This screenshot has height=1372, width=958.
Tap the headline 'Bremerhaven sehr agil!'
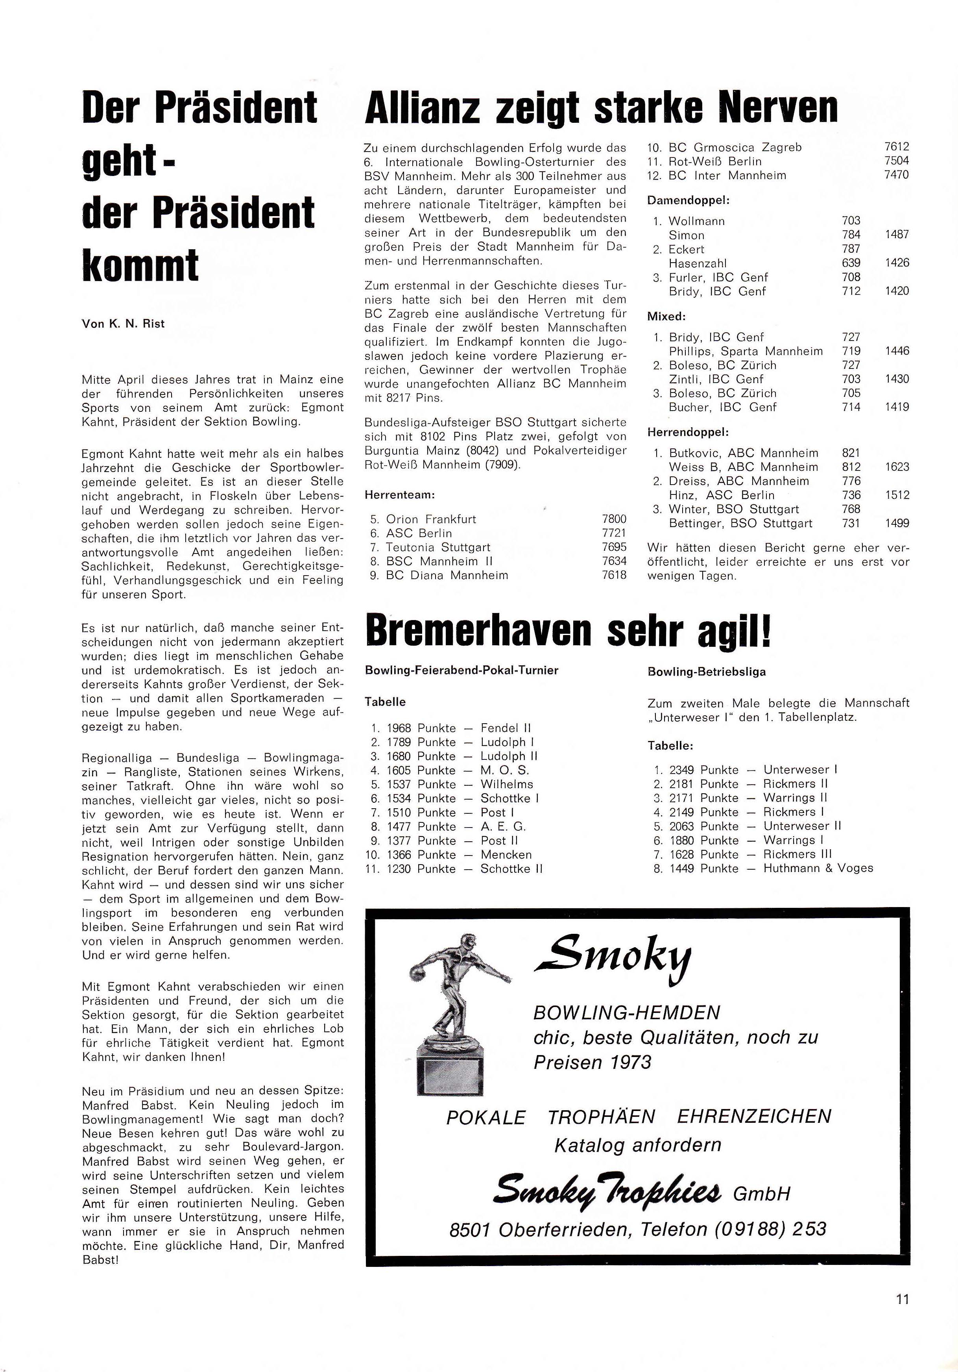[568, 631]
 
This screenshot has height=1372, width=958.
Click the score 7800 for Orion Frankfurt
[614, 519]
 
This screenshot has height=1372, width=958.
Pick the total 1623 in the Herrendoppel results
[897, 467]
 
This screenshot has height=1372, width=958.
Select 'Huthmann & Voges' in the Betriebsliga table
[818, 868]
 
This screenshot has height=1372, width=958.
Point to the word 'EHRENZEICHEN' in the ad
[754, 1116]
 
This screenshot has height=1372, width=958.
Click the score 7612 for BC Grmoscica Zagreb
[897, 146]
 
